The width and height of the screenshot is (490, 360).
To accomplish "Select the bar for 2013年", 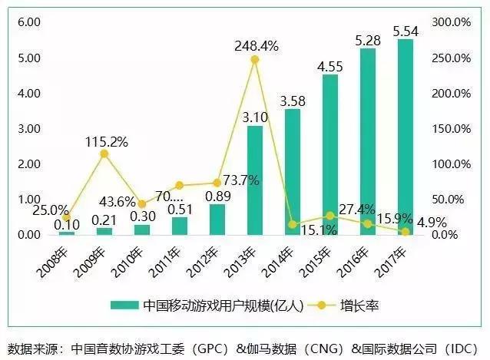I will click(255, 180).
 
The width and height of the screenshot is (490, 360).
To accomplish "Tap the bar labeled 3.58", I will click(293, 171).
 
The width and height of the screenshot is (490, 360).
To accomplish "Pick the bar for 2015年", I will click(330, 154).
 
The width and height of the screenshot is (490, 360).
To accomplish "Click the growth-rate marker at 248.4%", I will click(255, 59).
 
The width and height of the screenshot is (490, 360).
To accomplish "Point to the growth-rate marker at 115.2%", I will click(104, 154).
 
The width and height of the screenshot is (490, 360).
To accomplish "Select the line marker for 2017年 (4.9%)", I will click(406, 231).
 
